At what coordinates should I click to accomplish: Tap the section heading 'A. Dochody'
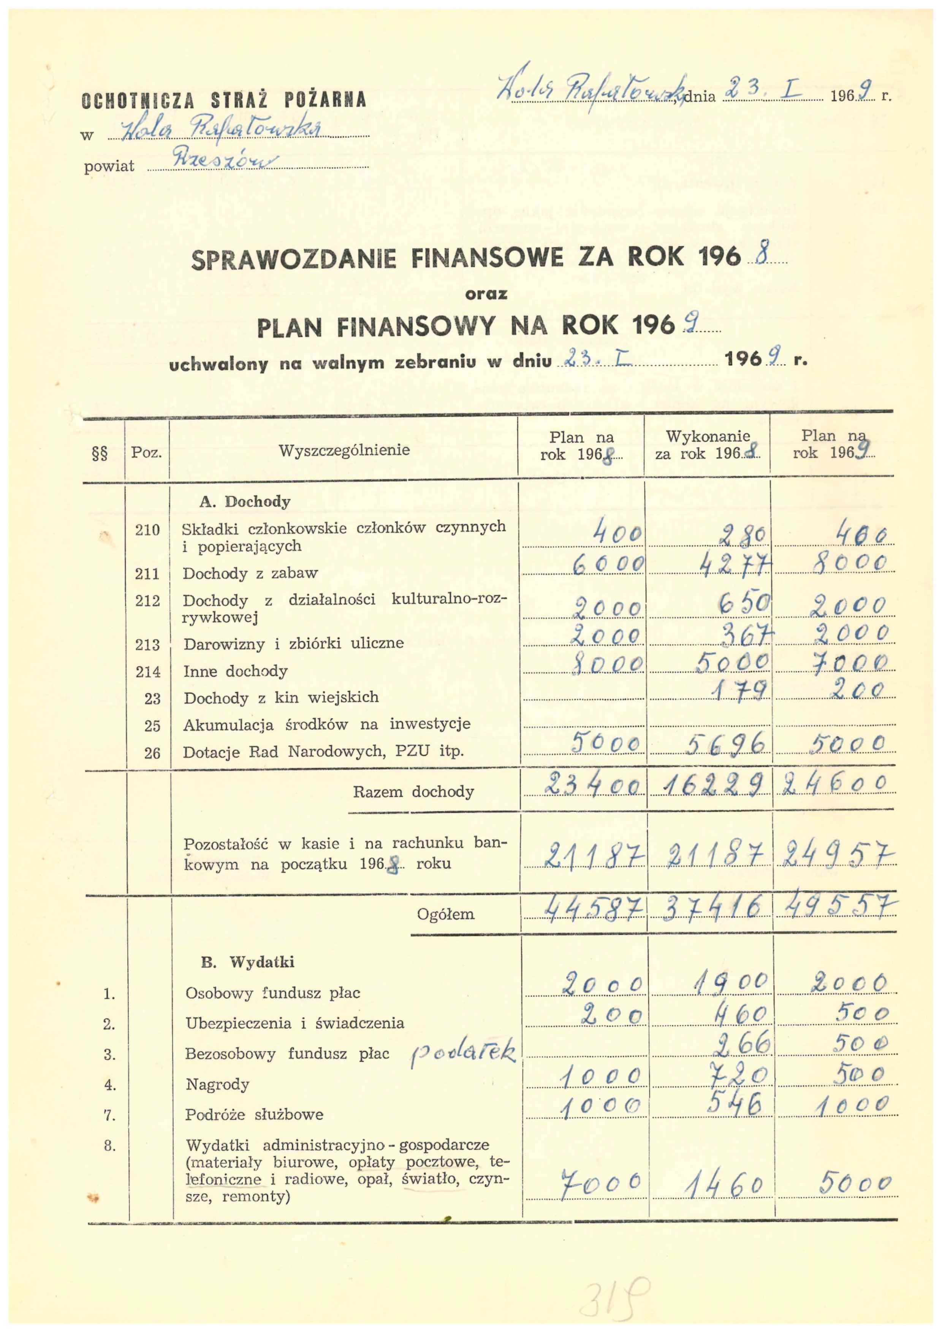coord(244,502)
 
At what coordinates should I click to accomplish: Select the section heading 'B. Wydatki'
coord(248,963)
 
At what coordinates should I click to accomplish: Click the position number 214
coord(147,672)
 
